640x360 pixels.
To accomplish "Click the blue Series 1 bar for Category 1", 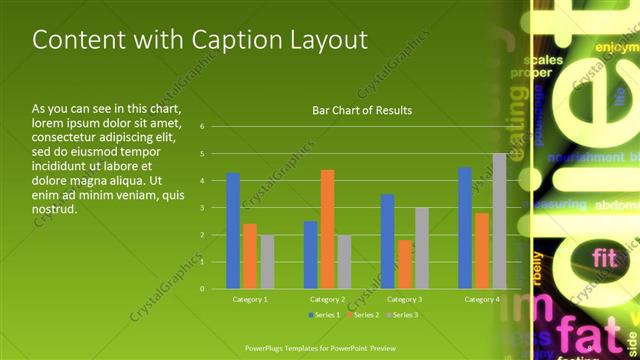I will point(233,231).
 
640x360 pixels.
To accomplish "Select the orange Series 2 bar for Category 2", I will point(327,229).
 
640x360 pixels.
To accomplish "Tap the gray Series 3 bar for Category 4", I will point(499,221).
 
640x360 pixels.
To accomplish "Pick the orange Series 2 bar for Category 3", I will point(405,264).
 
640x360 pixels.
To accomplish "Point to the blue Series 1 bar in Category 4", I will point(465,228).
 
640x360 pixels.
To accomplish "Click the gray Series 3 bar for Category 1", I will point(267,262).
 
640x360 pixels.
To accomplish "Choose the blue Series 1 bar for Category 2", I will point(310,255).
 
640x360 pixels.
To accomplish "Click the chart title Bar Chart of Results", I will point(362,110).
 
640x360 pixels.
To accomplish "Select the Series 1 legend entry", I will point(324,315).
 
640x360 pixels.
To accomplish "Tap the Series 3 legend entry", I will point(402,315).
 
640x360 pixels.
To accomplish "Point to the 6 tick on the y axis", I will point(202,127).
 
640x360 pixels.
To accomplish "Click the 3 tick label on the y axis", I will point(202,208).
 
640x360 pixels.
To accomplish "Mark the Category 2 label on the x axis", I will point(327,299).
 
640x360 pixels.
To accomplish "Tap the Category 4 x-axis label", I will point(482,299).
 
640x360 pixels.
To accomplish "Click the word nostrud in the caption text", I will point(55,211).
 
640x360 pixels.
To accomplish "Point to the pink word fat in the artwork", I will point(584,332).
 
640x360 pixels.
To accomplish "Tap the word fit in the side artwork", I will point(605,258).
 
